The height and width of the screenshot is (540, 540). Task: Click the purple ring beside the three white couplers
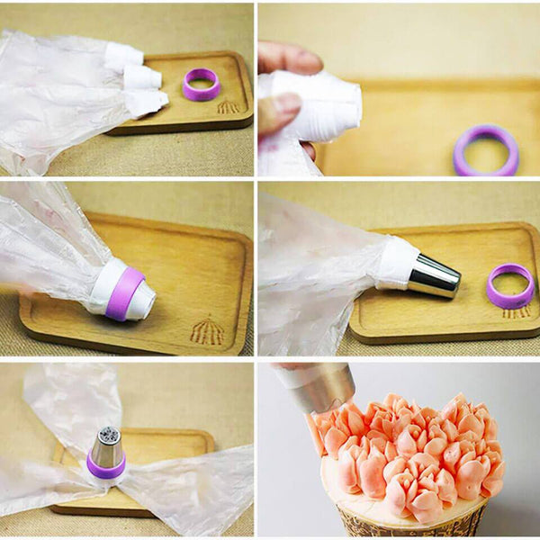[202, 85]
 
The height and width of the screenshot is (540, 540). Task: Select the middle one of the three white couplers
[140, 77]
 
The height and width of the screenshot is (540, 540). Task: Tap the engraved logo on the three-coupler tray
[229, 107]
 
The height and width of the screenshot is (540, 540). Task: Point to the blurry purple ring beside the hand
[486, 150]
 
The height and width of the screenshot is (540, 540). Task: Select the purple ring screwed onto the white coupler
[123, 293]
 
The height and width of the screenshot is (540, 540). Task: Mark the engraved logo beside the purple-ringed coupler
[207, 330]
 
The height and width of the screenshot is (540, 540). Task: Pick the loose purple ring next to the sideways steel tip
[510, 287]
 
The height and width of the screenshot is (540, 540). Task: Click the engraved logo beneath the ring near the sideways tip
[516, 312]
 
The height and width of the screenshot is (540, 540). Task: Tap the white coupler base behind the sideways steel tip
[397, 262]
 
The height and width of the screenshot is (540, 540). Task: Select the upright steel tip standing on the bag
[106, 447]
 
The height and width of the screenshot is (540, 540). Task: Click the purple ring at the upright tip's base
[105, 468]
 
